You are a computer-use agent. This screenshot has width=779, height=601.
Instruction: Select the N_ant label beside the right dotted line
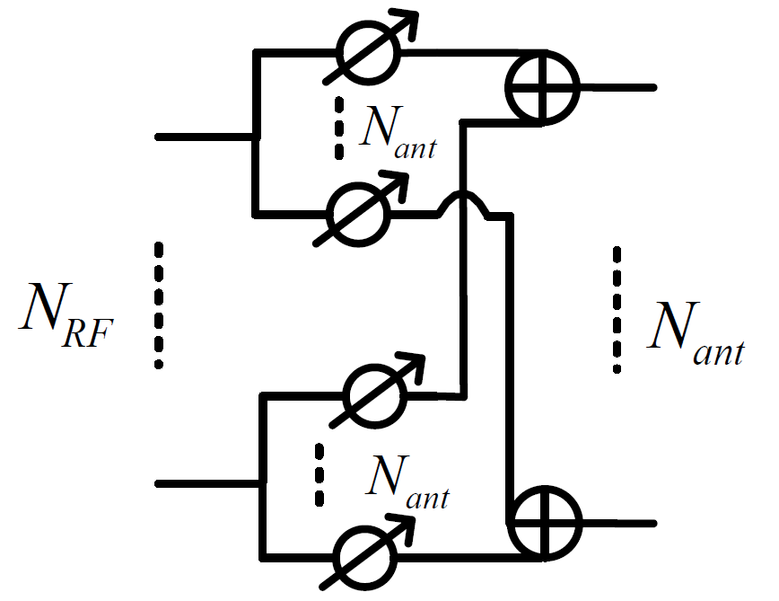[696, 334]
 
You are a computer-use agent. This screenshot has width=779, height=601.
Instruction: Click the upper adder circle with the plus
[542, 87]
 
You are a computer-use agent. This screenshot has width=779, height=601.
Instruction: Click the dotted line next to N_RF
[159, 305]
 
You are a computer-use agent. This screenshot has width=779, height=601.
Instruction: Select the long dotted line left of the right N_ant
[617, 309]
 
